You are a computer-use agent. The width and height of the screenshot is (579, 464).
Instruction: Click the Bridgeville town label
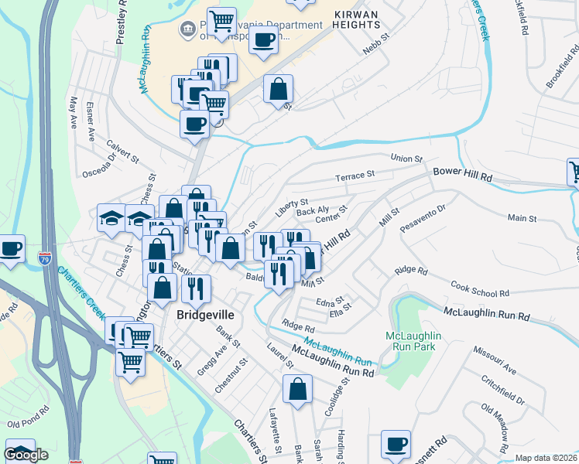205,315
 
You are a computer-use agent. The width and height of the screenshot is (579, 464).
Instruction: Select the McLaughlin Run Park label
413,340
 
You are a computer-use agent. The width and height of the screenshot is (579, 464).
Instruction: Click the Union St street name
406,159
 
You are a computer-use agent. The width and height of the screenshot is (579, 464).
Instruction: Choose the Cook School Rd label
480,289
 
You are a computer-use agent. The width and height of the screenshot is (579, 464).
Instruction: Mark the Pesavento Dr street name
423,220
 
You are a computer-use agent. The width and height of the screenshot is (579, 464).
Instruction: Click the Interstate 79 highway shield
46,254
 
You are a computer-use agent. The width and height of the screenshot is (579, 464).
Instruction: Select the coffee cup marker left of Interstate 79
11,249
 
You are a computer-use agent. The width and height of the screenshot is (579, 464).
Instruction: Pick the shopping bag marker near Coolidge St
297,389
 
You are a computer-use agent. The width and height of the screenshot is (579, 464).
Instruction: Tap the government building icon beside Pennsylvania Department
187,31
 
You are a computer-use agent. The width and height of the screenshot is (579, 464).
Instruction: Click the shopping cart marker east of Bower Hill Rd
574,172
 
